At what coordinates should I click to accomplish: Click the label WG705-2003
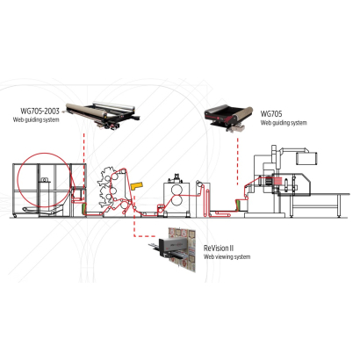(x=40, y=111)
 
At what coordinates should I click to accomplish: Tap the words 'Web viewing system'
(x=227, y=257)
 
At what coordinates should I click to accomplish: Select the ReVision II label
(x=219, y=248)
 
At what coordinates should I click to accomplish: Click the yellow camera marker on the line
(x=136, y=186)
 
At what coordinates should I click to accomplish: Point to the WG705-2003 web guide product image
(x=103, y=115)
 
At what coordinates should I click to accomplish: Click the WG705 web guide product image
(x=228, y=118)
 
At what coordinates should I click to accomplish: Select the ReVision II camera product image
(x=173, y=249)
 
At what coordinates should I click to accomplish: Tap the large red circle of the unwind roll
(x=44, y=180)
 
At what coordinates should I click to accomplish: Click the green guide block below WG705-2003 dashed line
(x=84, y=208)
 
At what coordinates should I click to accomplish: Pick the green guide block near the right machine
(x=239, y=205)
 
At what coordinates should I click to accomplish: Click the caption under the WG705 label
(x=284, y=123)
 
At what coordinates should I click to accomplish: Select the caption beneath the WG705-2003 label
(x=36, y=120)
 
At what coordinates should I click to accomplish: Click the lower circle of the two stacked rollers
(x=176, y=200)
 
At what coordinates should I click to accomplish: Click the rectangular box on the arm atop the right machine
(x=307, y=158)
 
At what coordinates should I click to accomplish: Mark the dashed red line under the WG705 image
(x=237, y=162)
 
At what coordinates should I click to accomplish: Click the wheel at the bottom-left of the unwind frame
(x=14, y=216)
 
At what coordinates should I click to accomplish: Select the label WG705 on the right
(x=271, y=113)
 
